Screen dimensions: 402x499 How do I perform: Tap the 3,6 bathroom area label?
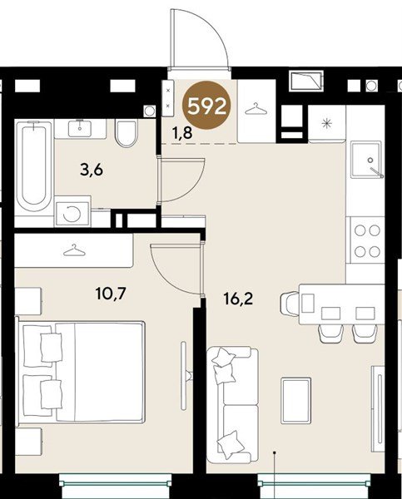92,170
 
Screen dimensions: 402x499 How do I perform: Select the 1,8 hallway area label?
182,133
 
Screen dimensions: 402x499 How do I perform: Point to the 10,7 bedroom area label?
111,293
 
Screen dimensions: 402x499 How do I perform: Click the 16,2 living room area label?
238,299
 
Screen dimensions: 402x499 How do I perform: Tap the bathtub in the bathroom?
34,166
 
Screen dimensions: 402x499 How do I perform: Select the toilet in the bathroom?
127,133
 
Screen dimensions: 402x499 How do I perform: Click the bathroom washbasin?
80,128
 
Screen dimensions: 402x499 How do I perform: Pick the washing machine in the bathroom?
72,214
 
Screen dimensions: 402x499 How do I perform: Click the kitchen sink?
366,161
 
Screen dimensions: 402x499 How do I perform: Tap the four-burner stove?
367,240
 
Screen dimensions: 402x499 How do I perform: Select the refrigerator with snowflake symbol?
327,123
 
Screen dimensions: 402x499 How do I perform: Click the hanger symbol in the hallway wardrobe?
256,109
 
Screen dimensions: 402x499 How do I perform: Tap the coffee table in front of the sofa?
296,400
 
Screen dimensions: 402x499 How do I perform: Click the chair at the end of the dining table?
290,303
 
